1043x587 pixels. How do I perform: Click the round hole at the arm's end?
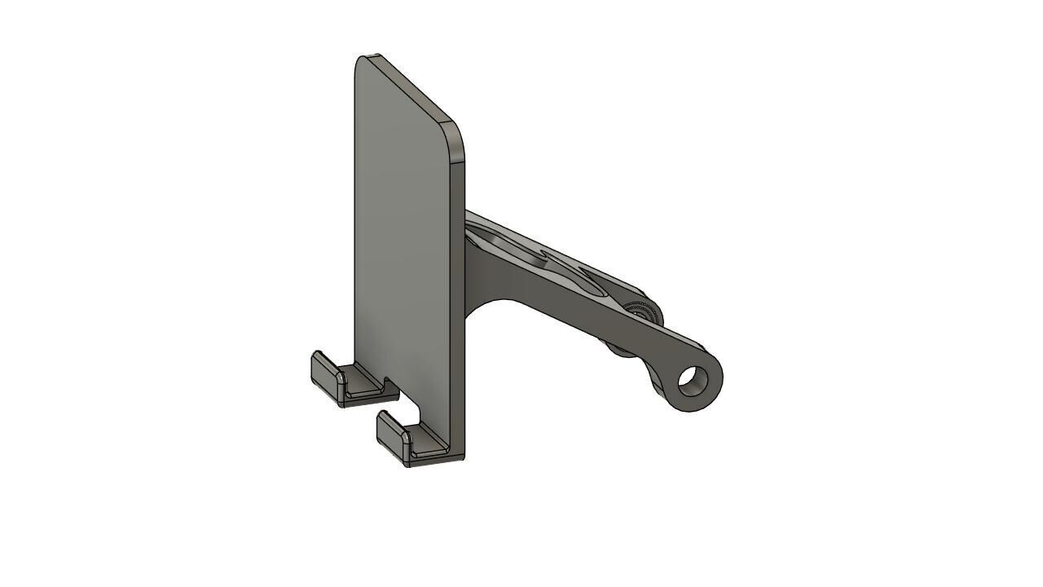pos(692,381)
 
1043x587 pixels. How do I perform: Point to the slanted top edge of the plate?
pos(411,90)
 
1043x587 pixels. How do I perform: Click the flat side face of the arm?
pos(570,306)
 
